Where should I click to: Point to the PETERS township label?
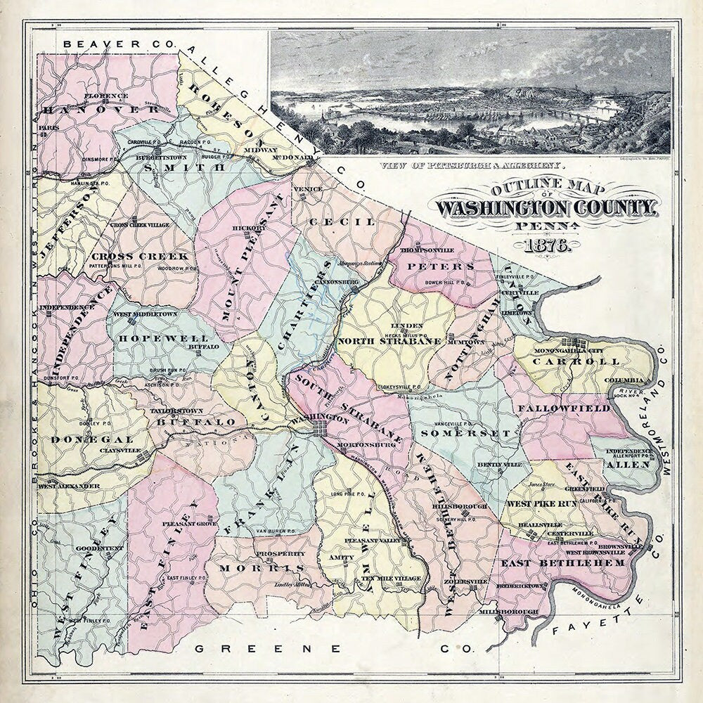[x=448, y=267]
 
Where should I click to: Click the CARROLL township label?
[x=576, y=361]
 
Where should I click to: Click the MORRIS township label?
[x=261, y=567]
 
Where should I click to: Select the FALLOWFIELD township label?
[x=564, y=408]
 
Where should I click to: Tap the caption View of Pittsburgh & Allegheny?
[x=470, y=167]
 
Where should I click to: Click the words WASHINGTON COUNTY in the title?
[x=546, y=208]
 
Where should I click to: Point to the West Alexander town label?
[x=68, y=486]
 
